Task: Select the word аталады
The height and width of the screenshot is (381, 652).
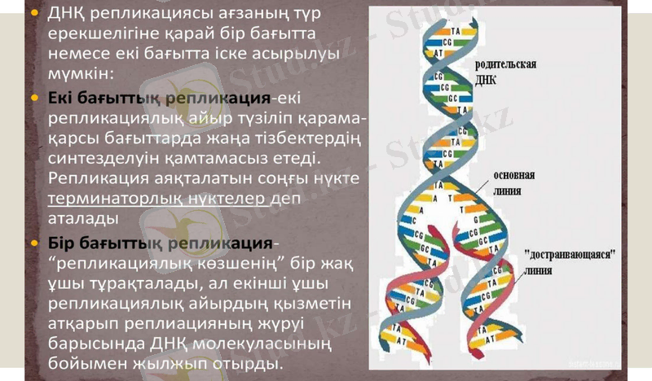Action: pyautogui.click(x=83, y=219)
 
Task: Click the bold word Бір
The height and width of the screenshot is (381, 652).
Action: pyautogui.click(x=64, y=244)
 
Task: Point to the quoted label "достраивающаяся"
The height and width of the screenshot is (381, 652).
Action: pyautogui.click(x=570, y=254)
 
